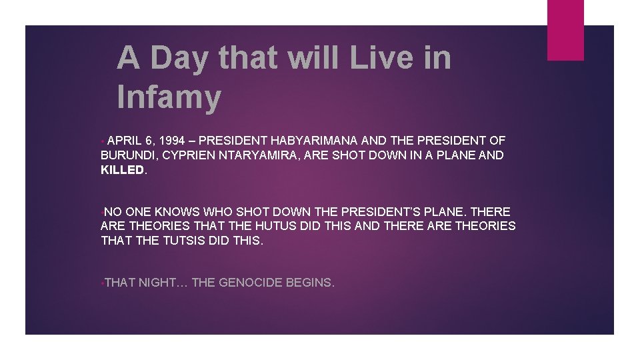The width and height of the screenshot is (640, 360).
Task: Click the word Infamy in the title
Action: [x=168, y=97]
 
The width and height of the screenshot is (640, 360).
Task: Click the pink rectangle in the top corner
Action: [x=565, y=30]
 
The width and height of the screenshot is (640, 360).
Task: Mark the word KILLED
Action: [x=122, y=170]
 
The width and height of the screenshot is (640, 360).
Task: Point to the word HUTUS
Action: [x=261, y=226]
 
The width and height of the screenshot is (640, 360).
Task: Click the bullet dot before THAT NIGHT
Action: [x=102, y=283]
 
